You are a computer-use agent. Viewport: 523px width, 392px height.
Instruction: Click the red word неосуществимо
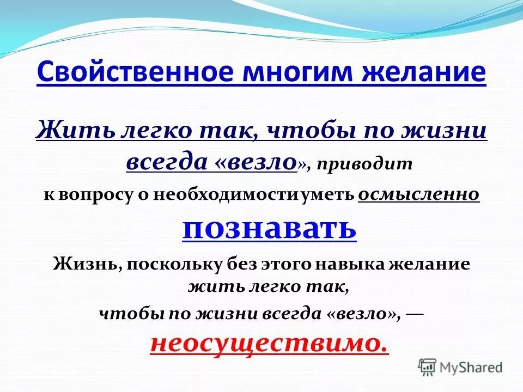(269, 342)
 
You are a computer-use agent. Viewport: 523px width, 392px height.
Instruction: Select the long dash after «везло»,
(415, 314)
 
